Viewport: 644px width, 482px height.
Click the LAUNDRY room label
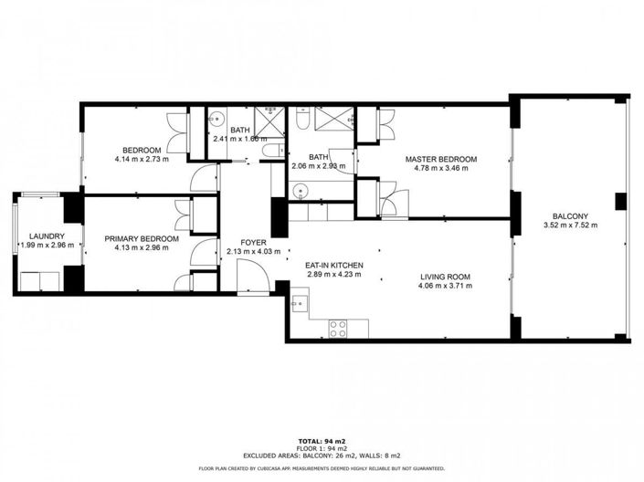[46, 236]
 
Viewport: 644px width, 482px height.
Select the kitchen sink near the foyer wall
[300, 304]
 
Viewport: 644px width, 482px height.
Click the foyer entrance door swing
[248, 273]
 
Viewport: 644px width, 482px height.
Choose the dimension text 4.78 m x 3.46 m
[441, 168]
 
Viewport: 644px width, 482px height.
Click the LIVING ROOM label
[445, 277]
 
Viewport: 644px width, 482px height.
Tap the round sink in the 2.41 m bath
[217, 120]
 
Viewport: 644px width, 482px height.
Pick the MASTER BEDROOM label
[441, 159]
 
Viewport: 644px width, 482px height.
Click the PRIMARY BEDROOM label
[141, 239]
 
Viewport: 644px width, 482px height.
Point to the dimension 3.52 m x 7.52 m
[570, 225]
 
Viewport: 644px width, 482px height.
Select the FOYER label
[240, 242]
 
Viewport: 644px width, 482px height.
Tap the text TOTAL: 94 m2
[322, 438]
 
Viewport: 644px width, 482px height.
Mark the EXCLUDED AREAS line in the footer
[322, 455]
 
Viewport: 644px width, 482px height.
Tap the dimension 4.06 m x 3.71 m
[445, 287]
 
